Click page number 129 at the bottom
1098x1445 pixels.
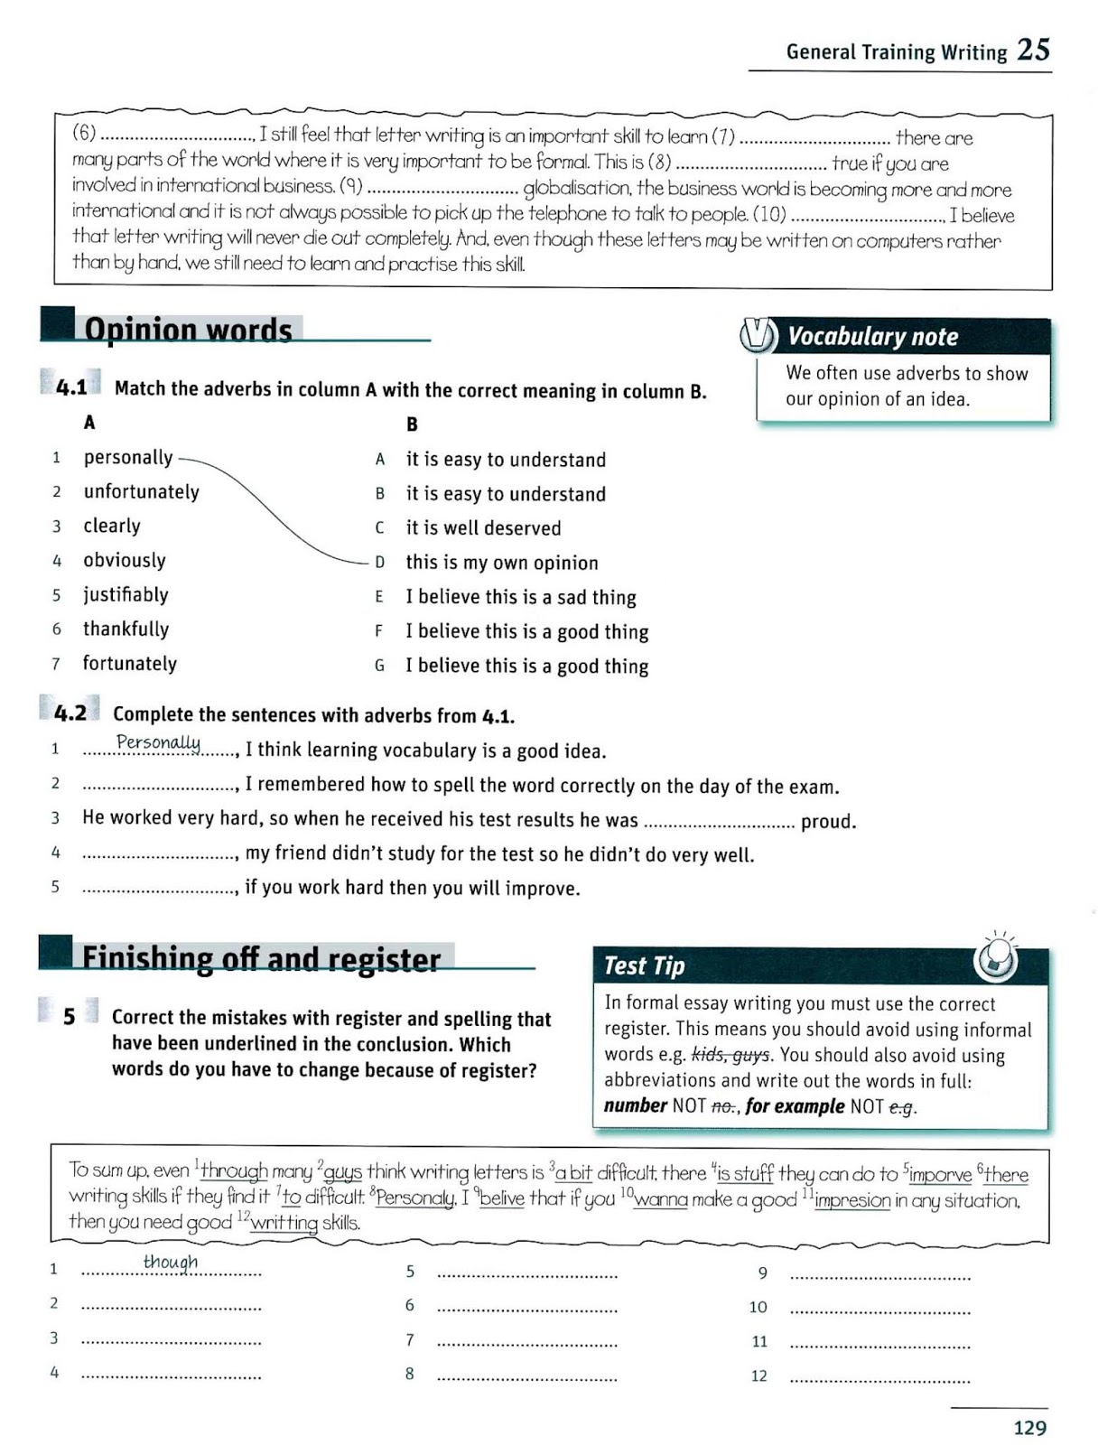[x=1029, y=1428]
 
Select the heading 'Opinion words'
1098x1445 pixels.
[x=188, y=330]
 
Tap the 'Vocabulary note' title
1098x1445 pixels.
[x=872, y=337]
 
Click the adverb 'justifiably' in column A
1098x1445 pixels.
[x=126, y=595]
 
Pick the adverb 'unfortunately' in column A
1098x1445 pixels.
[x=141, y=492]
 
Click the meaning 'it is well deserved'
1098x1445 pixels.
[x=483, y=528]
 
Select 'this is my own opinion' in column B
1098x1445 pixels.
[x=501, y=563]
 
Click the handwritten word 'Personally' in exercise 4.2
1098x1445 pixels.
[x=158, y=742]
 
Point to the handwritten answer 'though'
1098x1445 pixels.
[x=171, y=1262]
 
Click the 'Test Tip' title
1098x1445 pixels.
[x=644, y=965]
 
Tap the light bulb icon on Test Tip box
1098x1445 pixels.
[x=996, y=959]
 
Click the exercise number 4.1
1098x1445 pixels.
[x=71, y=388]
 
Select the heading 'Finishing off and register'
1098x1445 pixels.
[x=261, y=958]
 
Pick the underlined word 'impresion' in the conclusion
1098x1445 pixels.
[x=851, y=1200]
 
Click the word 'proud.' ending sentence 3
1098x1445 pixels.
[x=828, y=822]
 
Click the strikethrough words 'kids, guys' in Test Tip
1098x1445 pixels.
[x=730, y=1055]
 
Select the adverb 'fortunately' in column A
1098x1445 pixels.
[x=129, y=664]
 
